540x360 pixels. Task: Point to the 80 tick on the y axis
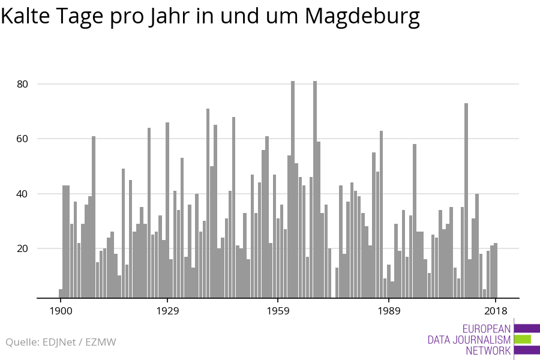click(x=23, y=84)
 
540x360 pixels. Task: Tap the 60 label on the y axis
click(x=23, y=139)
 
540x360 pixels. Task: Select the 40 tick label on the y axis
click(x=23, y=194)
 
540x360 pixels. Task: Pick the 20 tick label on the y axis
click(x=23, y=248)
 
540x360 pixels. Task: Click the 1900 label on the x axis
click(x=61, y=311)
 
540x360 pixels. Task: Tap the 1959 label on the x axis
click(x=278, y=311)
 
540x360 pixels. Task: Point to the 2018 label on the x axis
click(x=496, y=311)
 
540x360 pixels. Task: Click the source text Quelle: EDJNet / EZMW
click(x=61, y=342)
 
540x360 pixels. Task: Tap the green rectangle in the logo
click(x=523, y=339)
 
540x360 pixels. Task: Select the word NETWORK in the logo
click(x=488, y=350)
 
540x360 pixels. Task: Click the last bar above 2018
click(x=496, y=270)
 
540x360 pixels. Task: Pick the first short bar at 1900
click(x=61, y=293)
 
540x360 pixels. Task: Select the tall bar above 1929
click(x=167, y=210)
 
